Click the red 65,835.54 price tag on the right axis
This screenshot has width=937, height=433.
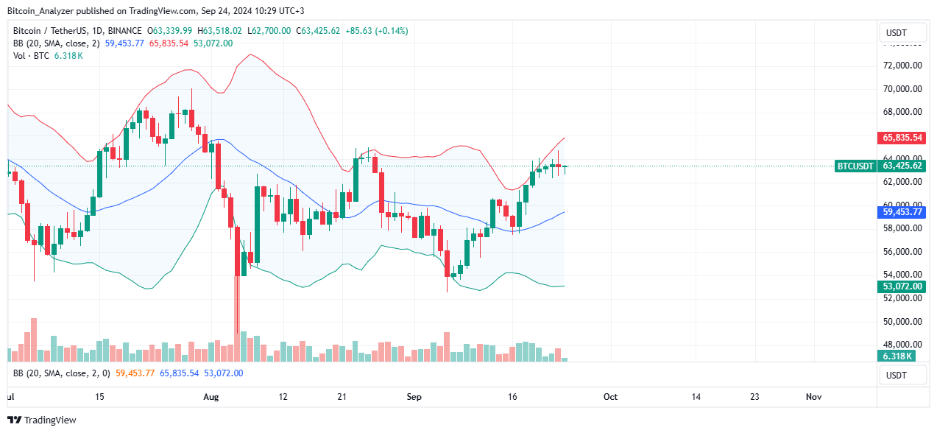coord(902,138)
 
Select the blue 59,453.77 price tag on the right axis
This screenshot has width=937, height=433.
coord(902,211)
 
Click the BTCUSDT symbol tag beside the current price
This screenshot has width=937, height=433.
coord(855,166)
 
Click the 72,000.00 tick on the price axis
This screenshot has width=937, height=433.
coord(902,66)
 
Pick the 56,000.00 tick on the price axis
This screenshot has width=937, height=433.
coord(902,252)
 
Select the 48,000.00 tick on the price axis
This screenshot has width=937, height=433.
coord(902,345)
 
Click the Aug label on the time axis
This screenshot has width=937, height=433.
coord(211,396)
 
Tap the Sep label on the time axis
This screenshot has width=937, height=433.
coord(414,396)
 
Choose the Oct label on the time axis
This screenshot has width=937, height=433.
coord(610,396)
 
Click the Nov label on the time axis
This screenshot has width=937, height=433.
coord(813,396)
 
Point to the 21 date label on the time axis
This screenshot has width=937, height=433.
coord(342,396)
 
